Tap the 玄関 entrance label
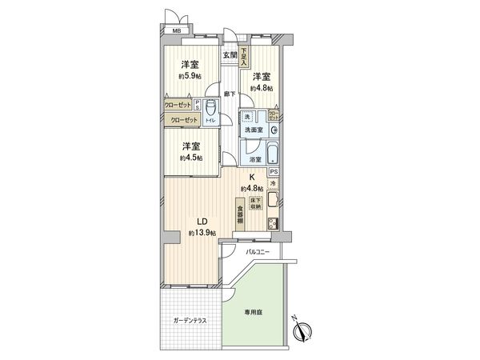click(230, 54)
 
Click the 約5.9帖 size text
click(190, 78)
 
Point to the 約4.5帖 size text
click(190, 158)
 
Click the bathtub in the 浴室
click(271, 153)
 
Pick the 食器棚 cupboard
click(239, 215)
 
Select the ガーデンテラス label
click(190, 321)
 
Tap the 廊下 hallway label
click(230, 93)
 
